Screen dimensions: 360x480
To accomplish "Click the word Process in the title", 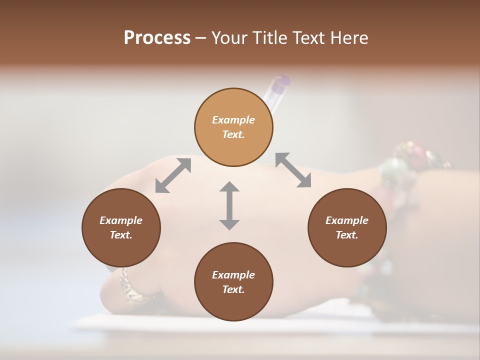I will (157, 38).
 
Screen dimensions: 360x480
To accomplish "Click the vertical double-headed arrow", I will (229, 205).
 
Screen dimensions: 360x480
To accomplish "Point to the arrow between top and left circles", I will (173, 175).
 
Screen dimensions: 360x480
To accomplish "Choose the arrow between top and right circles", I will (293, 170).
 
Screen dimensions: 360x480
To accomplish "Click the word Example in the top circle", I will (233, 120).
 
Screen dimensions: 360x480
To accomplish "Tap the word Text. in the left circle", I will (121, 235).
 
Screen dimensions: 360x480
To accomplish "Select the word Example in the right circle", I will (347, 220).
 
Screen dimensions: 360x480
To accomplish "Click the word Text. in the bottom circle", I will (233, 289).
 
